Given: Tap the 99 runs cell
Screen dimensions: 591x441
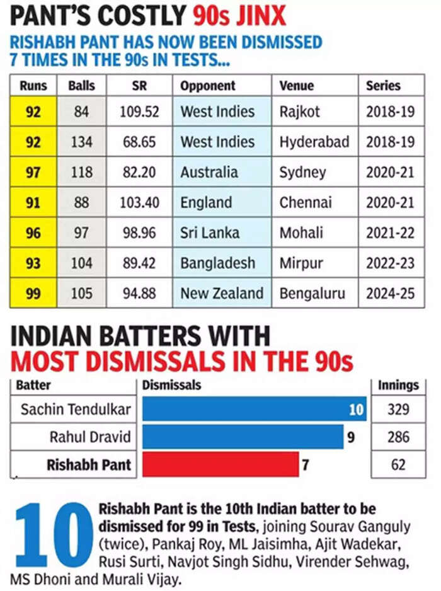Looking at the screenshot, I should tap(33, 293).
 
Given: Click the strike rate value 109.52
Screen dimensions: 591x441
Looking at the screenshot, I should tap(139, 112).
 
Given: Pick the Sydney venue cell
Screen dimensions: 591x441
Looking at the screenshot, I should tap(303, 172).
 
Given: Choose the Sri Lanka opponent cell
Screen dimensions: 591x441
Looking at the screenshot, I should tap(210, 232).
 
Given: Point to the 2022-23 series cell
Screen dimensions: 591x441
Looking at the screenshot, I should tap(390, 263).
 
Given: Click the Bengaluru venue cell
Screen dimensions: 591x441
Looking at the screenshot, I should tap(316, 293).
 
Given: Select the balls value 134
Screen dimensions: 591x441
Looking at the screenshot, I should tap(81, 142).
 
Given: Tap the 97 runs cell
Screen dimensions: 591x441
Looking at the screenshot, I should tap(33, 172).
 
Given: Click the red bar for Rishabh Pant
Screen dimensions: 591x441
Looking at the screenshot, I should tap(220, 464).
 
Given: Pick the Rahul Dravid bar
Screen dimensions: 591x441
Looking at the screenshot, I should tap(243, 437).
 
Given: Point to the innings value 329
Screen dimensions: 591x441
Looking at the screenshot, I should tap(398, 409).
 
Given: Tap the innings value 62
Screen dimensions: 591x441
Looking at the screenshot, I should tap(398, 465).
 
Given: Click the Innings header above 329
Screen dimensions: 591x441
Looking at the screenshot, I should tap(398, 384).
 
